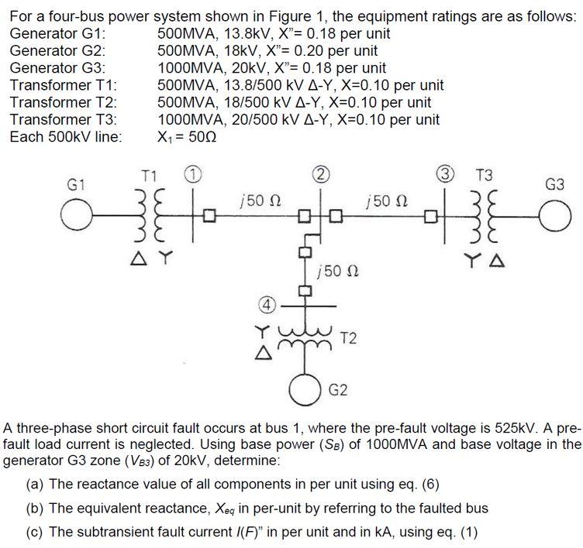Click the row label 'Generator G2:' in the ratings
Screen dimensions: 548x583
tap(57, 51)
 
